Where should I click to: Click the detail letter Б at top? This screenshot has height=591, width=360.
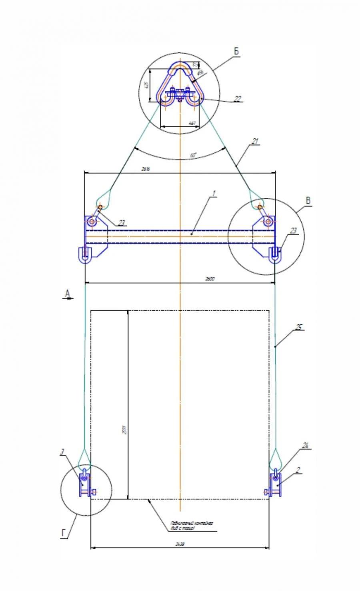click(236, 52)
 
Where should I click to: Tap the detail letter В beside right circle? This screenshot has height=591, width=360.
click(308, 201)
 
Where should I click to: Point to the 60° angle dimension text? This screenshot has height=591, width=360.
click(194, 155)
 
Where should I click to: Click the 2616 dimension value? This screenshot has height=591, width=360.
click(145, 169)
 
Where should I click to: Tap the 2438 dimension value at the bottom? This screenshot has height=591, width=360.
click(180, 544)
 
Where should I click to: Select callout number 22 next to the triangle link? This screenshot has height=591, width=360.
click(238, 99)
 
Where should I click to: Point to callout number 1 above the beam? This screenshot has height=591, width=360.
click(214, 194)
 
